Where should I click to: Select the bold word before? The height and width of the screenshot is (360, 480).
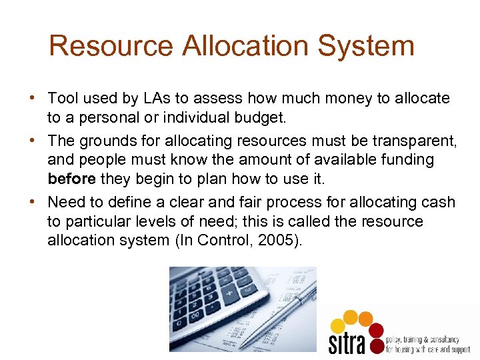pyautogui.click(x=71, y=179)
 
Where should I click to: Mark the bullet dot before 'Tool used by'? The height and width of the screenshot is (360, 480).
pyautogui.click(x=32, y=99)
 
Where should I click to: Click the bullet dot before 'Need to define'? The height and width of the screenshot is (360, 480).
pyautogui.click(x=32, y=202)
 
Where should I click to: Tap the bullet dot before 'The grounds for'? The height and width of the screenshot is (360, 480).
pyautogui.click(x=32, y=141)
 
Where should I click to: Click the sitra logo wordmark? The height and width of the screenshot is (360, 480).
pyautogui.click(x=347, y=342)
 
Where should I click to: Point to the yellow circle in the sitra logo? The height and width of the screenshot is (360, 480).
pyautogui.click(x=339, y=326)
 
